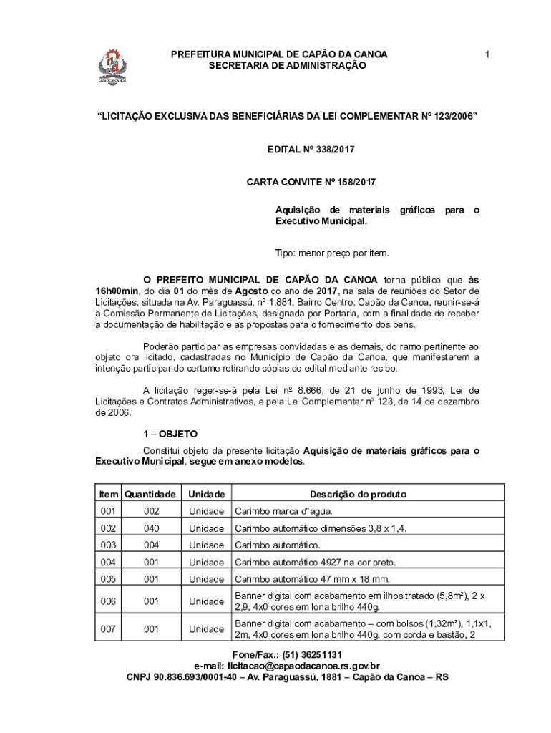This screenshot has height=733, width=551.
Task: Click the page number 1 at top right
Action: pyautogui.click(x=487, y=54)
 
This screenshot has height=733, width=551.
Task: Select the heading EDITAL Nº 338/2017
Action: pyautogui.click(x=311, y=150)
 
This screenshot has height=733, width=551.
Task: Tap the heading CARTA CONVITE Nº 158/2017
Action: pyautogui.click(x=311, y=183)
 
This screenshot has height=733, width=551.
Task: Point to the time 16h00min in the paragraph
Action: pyautogui.click(x=118, y=292)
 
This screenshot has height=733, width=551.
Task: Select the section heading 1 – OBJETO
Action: pyautogui.click(x=170, y=434)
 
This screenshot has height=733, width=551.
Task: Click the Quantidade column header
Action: pyautogui.click(x=150, y=495)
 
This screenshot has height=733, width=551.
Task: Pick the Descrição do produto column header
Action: pyautogui.click(x=358, y=495)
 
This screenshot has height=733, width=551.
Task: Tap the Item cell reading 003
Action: pyautogui.click(x=108, y=545)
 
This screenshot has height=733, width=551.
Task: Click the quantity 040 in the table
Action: pyautogui.click(x=151, y=528)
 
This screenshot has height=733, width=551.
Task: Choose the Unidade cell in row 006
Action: pyautogui.click(x=207, y=602)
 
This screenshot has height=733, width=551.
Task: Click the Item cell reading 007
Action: pyautogui.click(x=108, y=629)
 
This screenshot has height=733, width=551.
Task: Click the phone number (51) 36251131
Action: pyautogui.click(x=312, y=655)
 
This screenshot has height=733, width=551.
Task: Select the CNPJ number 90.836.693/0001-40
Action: pyautogui.click(x=194, y=676)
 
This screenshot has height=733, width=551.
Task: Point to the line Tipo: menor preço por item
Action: pyautogui.click(x=332, y=253)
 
